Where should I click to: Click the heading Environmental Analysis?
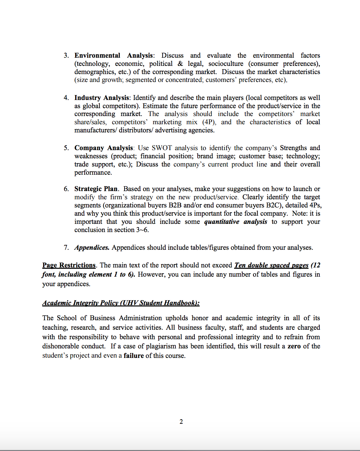point(113,55)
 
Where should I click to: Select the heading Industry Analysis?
point(102,98)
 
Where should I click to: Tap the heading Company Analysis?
point(104,148)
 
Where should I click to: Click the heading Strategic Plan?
point(96,189)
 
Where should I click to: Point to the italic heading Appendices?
point(92,247)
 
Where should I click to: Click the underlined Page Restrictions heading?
point(69,265)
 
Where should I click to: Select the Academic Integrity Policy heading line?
point(121,303)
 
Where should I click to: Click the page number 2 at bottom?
point(181,422)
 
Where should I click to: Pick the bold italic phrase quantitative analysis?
point(235,222)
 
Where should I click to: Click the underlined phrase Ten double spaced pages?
point(271,265)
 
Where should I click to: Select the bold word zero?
point(294,346)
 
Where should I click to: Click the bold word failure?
point(133,356)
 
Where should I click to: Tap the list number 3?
point(66,55)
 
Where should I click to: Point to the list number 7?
point(66,247)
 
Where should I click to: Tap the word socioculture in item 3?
point(226,64)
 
